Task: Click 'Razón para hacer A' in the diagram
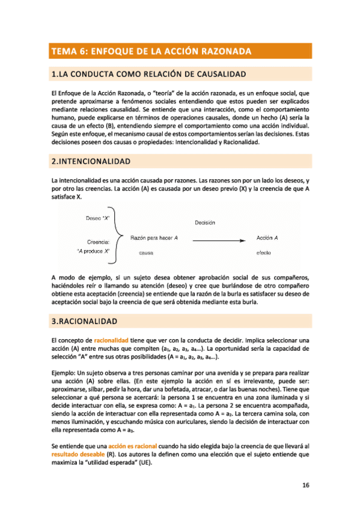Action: (x=154, y=239)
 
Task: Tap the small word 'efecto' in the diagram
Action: (x=264, y=253)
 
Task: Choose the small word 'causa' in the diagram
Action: (x=146, y=253)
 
